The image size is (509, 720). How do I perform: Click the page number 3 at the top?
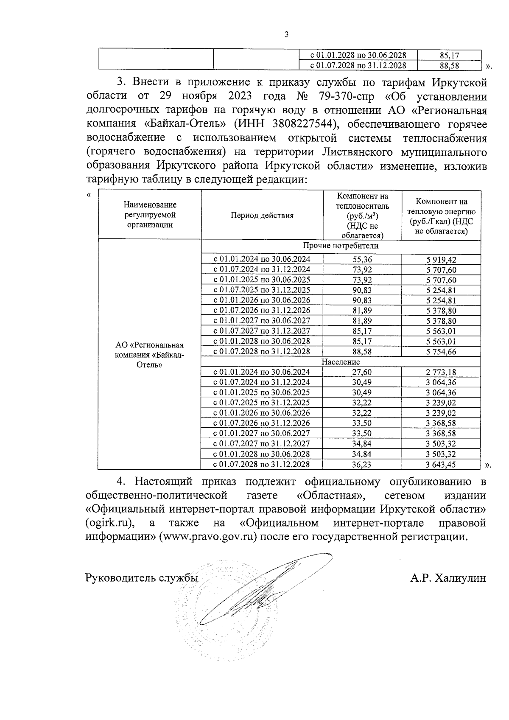point(286,35)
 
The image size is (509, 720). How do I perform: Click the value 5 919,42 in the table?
point(441,260)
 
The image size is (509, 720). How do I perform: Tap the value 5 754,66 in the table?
point(441,352)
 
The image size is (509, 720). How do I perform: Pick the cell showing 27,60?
point(362,373)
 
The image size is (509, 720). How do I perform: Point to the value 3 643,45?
point(441,465)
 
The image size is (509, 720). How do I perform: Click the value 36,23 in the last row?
point(362,465)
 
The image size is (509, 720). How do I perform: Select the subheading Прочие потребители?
point(341,246)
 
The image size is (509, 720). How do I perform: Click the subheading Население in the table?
point(341,362)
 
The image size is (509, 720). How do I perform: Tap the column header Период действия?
point(262,216)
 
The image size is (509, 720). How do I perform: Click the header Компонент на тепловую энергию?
point(441,216)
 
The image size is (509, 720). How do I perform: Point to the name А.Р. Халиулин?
point(448,578)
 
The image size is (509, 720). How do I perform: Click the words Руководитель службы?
point(142,578)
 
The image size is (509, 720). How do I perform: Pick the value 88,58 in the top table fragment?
point(450,66)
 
